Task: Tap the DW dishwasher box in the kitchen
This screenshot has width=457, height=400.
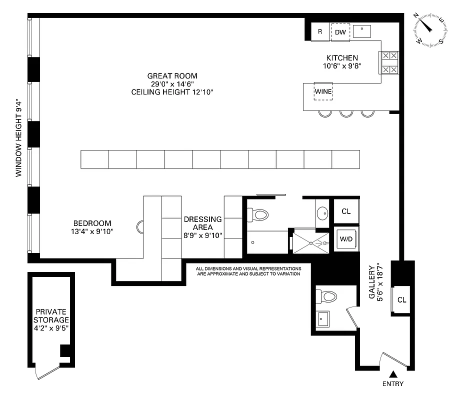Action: [x=340, y=32]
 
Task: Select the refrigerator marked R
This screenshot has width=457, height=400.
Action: [x=319, y=32]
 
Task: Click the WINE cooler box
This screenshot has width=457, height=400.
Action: [x=323, y=91]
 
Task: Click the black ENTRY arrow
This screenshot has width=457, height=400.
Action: [x=393, y=374]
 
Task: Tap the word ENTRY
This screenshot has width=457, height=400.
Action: [x=393, y=384]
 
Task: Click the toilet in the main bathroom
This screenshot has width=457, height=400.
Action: [x=260, y=215]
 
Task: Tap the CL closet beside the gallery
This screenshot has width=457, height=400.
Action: [x=401, y=299]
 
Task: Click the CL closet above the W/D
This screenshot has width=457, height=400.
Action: [x=346, y=211]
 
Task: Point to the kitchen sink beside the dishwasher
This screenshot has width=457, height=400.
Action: [x=362, y=31]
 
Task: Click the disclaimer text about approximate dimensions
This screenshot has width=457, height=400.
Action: [x=248, y=271]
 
